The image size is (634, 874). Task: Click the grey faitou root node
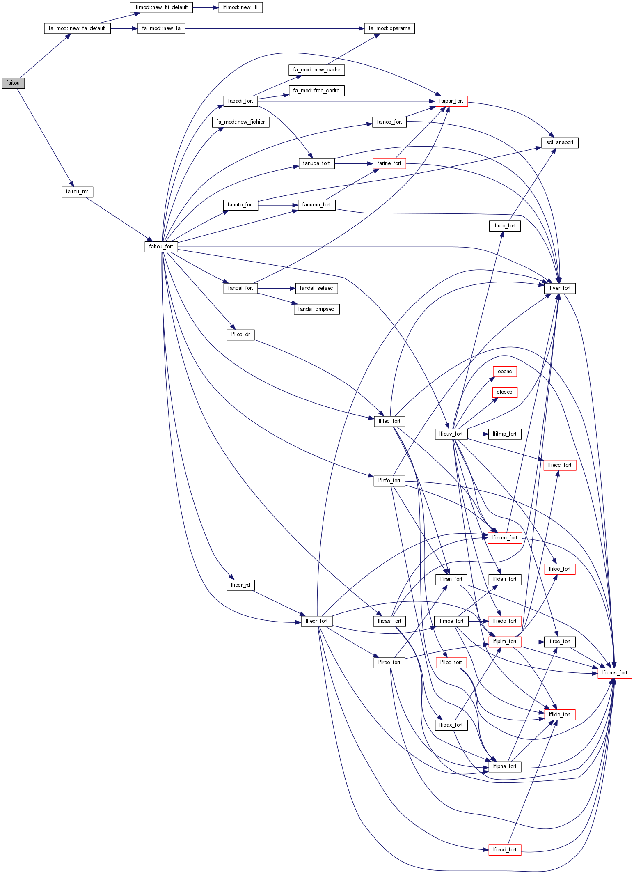[13, 83]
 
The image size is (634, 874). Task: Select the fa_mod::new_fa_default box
[77, 28]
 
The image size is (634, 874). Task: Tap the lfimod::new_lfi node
[240, 7]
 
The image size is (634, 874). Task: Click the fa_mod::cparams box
[389, 28]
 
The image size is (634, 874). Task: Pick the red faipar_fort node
[451, 101]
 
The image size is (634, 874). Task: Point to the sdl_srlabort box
[560, 142]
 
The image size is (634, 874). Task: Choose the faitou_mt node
[77, 192]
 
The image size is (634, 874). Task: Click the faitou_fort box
[161, 247]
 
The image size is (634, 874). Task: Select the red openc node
[505, 372]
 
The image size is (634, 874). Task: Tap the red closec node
[505, 392]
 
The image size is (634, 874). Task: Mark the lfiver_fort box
[560, 288]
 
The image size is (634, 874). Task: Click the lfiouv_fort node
[451, 434]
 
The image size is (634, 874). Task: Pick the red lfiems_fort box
[615, 673]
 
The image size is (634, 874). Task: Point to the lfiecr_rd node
[240, 585]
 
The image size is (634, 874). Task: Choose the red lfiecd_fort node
[505, 849]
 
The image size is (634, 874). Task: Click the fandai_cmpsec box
[316, 309]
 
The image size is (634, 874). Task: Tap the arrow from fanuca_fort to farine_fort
[353, 163]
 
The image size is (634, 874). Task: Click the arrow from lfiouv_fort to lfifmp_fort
[478, 434]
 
